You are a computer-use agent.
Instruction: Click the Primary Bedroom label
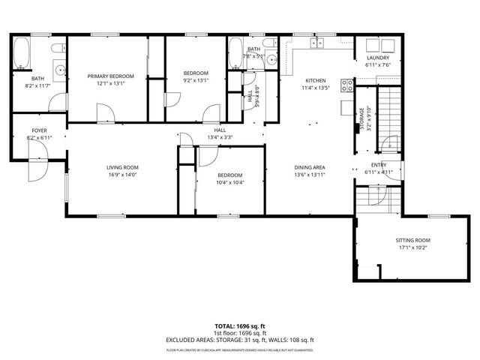(110, 76)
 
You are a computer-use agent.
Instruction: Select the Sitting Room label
(413, 240)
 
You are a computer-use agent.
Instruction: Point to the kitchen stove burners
(346, 85)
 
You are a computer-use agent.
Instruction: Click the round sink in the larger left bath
(61, 74)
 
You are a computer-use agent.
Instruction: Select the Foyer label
(39, 130)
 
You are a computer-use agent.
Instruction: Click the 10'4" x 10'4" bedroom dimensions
(229, 182)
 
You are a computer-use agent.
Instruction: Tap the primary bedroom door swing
(106, 112)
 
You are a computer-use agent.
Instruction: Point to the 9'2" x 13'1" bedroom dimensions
(196, 80)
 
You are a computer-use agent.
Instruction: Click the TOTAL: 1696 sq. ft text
(240, 326)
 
